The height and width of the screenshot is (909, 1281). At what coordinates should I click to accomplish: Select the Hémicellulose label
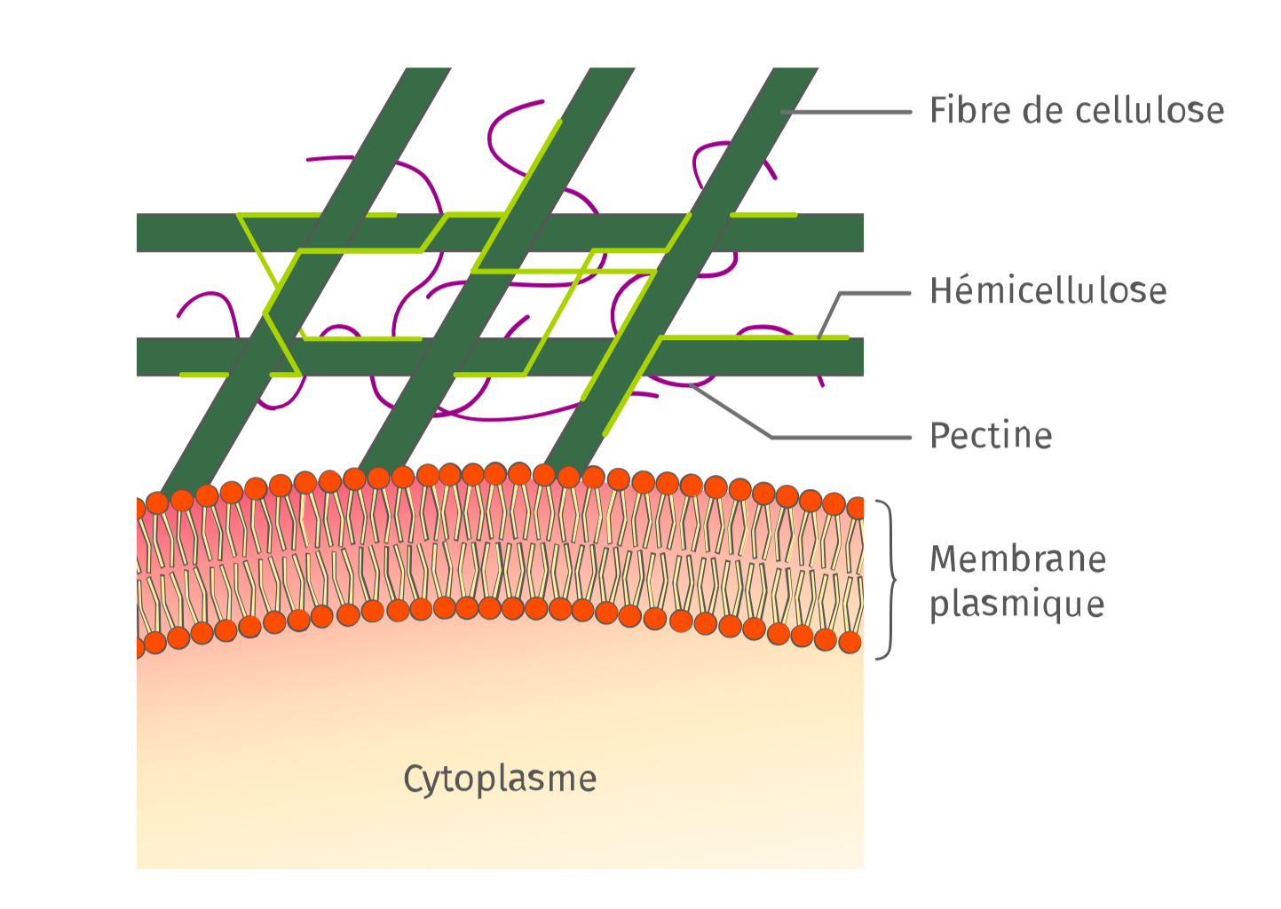pos(1048,290)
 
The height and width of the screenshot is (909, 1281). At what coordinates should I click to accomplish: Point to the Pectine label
pos(991,436)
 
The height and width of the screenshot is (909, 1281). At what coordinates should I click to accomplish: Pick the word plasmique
pos(1016,605)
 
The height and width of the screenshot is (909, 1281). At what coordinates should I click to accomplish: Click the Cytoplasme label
pos(500,779)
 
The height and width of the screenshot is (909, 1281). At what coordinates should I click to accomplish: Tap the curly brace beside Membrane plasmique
pos(888,580)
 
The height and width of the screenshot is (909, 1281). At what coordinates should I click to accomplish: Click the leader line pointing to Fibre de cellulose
pos(846,112)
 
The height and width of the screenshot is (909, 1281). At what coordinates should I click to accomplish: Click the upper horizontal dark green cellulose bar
pos(500,233)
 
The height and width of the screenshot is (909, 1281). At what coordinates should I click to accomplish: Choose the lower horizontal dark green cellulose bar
pos(500,357)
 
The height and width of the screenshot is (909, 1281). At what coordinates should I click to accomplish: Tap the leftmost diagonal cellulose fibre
pos(306,281)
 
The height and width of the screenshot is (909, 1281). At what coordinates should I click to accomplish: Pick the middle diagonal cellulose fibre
pos(496,270)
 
